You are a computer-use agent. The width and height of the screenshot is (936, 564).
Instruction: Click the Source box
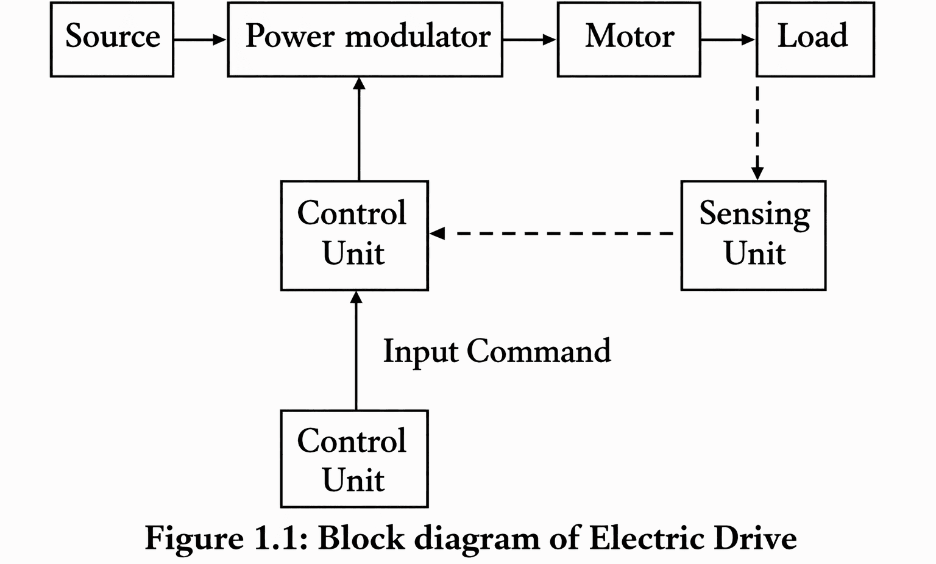click(112, 39)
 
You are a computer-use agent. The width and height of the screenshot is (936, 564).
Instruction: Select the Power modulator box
click(364, 39)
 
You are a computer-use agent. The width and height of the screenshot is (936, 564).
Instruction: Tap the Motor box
click(628, 39)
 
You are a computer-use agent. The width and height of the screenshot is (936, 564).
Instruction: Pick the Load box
click(815, 39)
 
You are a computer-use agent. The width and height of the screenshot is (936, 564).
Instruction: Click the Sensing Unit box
click(753, 235)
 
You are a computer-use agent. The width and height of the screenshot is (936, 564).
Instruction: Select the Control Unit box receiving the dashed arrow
click(354, 235)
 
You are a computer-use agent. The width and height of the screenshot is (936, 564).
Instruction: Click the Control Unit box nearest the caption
click(354, 459)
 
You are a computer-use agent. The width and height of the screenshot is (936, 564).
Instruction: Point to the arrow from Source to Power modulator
click(200, 40)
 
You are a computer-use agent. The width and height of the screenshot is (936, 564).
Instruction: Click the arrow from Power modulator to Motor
click(529, 40)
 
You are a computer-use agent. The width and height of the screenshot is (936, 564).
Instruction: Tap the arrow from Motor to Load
click(728, 40)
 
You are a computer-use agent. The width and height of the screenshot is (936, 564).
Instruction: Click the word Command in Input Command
click(539, 351)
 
